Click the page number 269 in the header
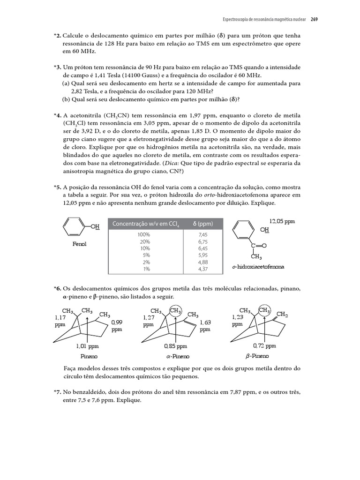314,20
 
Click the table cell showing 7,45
203,234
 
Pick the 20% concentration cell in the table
143,241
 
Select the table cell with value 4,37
203,269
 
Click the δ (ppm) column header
203,224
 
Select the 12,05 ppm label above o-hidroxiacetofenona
282,221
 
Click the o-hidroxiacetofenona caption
258,267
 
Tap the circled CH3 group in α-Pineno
175,311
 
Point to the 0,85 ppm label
175,346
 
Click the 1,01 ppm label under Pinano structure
87,346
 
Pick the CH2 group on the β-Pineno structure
282,314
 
